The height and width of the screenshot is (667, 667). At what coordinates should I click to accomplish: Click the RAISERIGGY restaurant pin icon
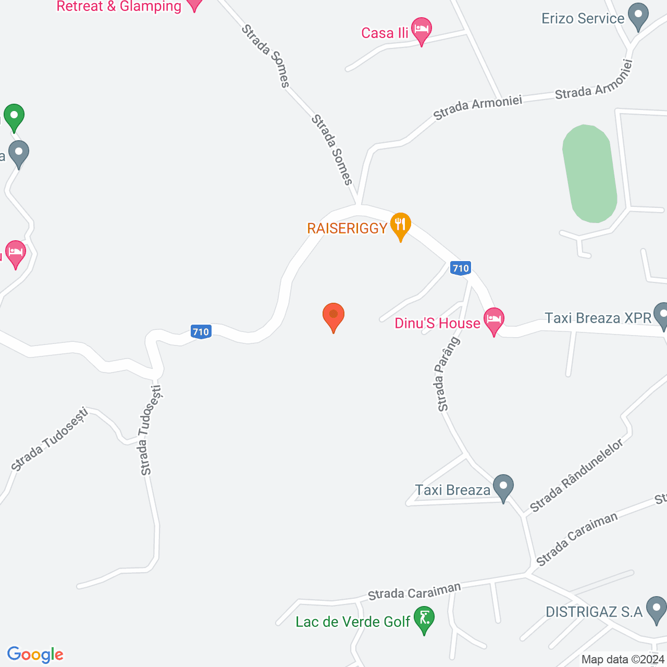(x=400, y=225)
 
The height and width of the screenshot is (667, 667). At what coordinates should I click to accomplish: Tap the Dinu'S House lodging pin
(x=493, y=319)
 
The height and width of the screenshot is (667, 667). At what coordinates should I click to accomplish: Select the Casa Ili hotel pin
(x=421, y=30)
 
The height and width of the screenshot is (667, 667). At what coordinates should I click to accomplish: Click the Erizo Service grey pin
(x=637, y=16)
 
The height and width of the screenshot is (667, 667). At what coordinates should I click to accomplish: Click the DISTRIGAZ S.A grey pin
(x=656, y=609)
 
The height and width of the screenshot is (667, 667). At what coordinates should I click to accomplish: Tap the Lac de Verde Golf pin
(x=424, y=619)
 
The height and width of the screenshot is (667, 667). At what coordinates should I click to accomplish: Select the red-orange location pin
(x=333, y=316)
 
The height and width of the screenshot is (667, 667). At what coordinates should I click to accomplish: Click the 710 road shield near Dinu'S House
(x=461, y=268)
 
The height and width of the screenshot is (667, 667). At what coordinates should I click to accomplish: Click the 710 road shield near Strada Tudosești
(x=201, y=331)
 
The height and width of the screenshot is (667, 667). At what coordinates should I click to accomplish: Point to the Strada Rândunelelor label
(x=577, y=475)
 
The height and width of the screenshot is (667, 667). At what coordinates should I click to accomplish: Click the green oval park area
(x=590, y=174)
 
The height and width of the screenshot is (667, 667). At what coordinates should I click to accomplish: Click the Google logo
(x=35, y=654)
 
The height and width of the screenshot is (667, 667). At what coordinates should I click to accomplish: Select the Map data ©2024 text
(x=623, y=660)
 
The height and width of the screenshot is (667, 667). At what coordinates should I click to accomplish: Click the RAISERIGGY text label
(x=347, y=228)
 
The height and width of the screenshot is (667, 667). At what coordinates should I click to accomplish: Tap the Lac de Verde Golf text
(x=353, y=622)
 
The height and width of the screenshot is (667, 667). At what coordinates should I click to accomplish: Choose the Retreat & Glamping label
(x=119, y=6)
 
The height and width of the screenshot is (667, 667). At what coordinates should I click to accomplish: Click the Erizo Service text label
(x=583, y=19)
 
